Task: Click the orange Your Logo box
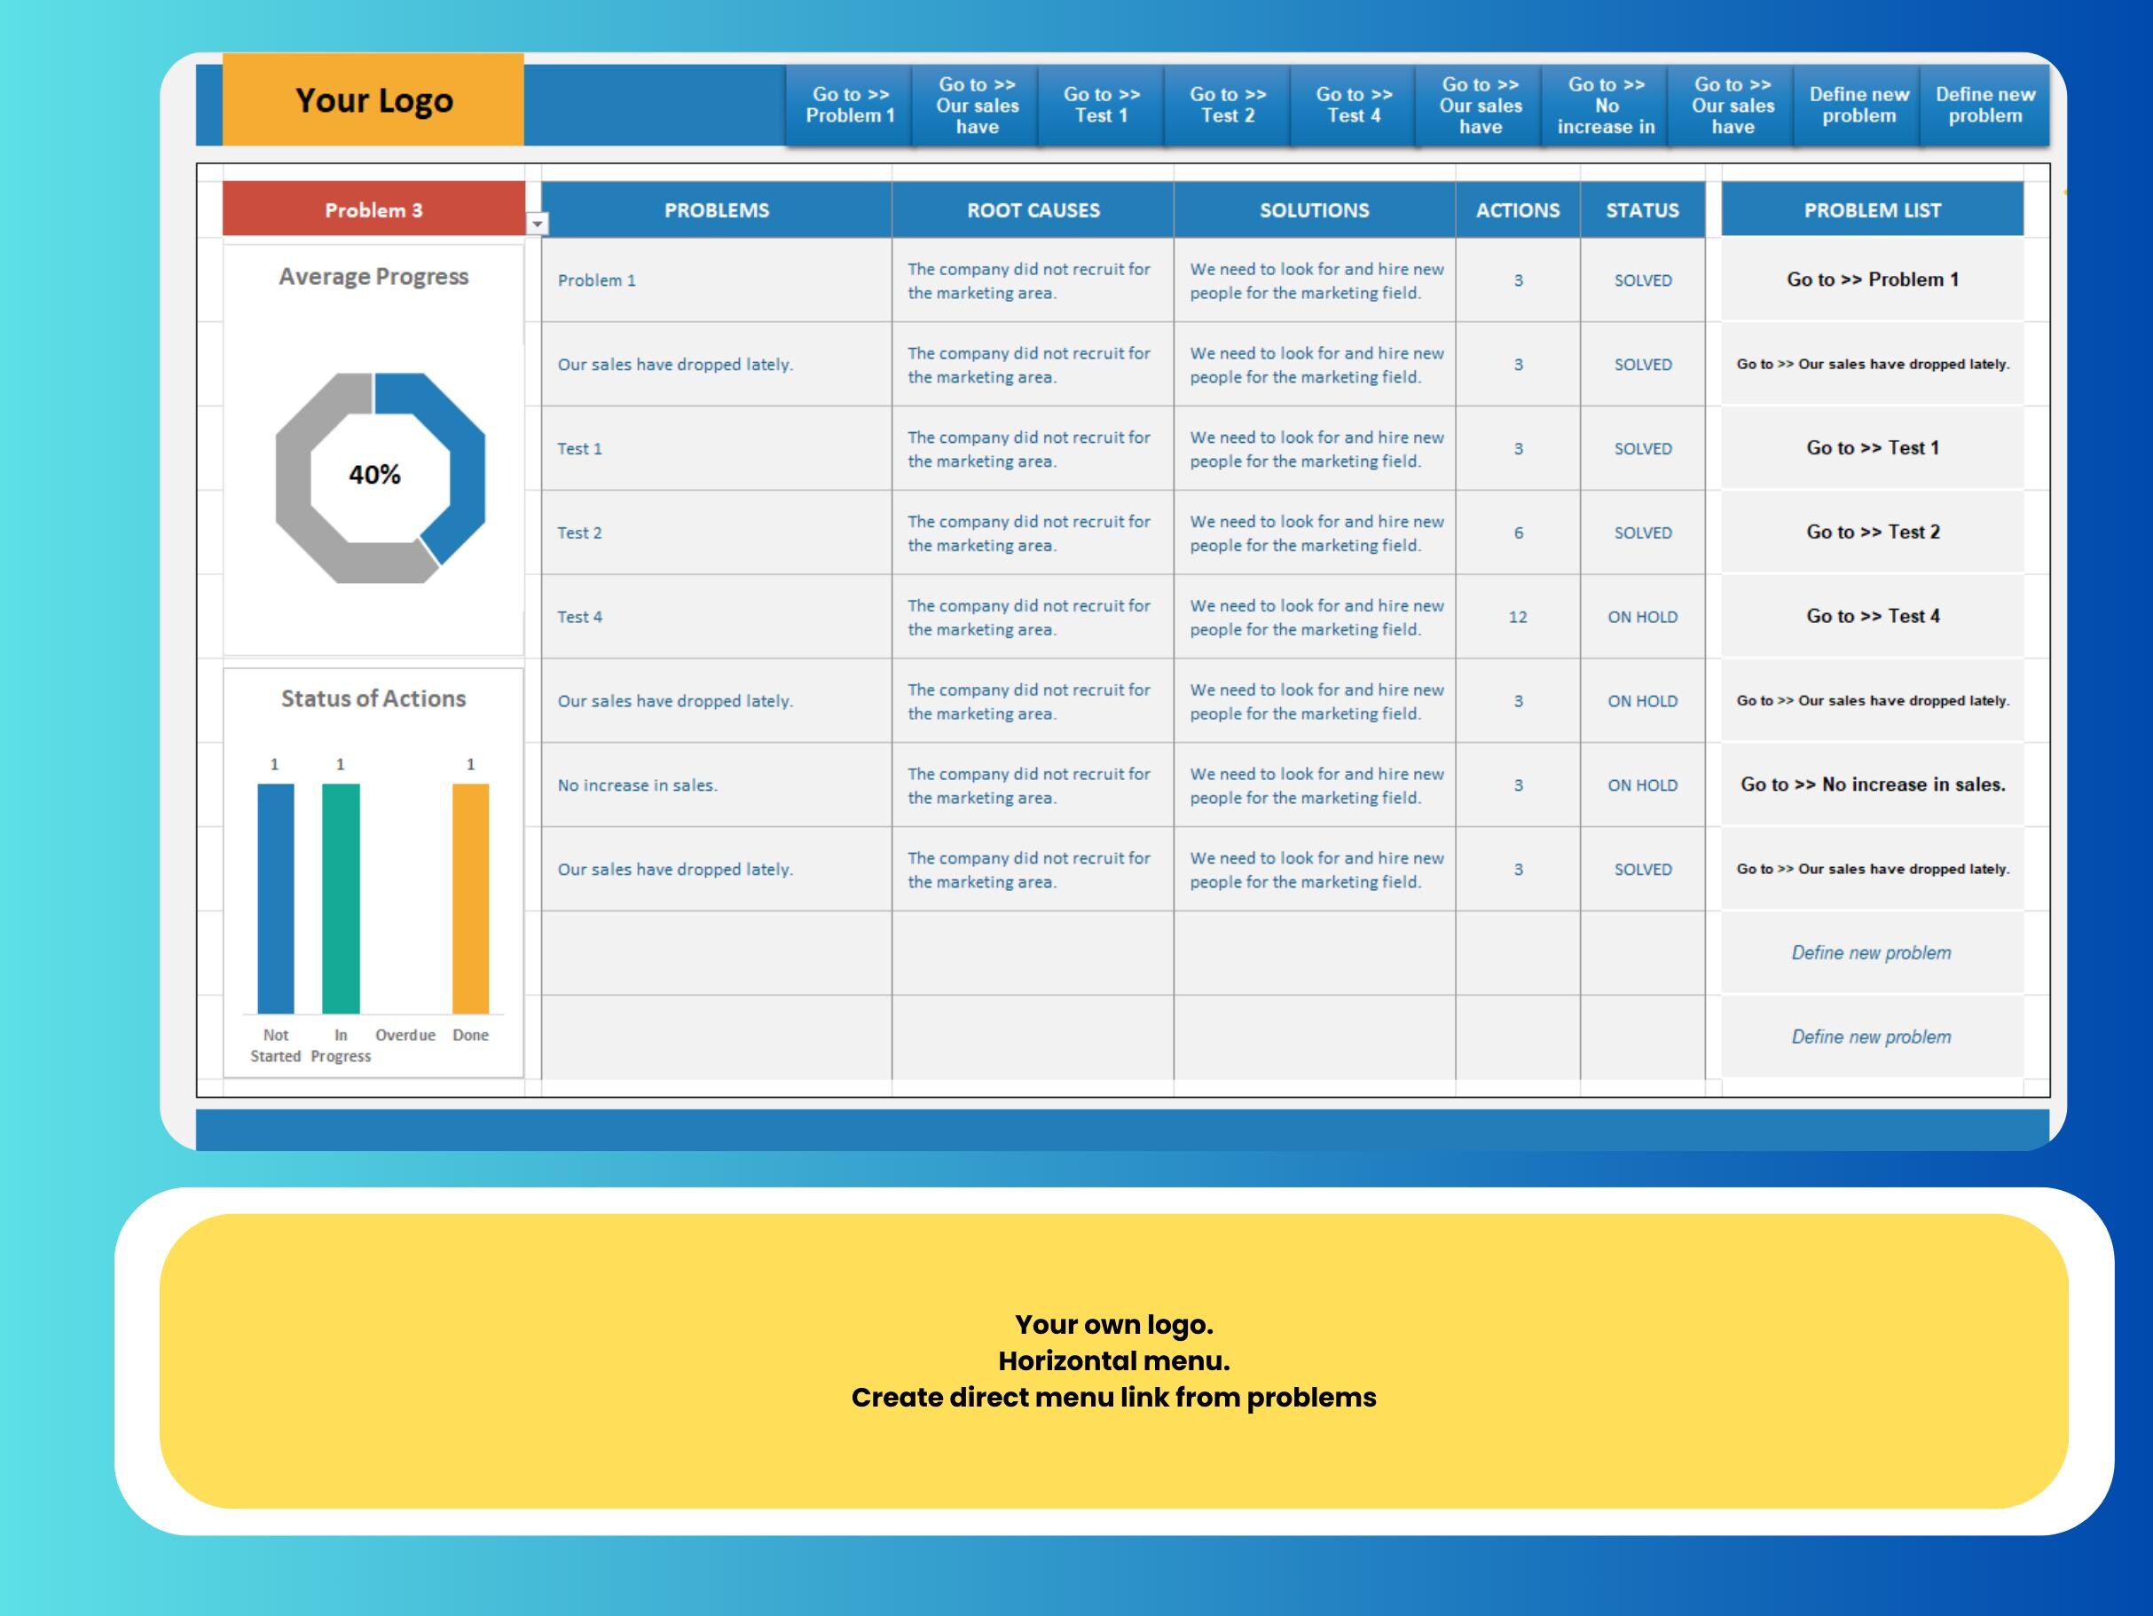click(x=373, y=100)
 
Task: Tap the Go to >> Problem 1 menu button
click(x=849, y=105)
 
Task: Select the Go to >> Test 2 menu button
click(x=1228, y=105)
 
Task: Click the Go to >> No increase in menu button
click(x=1605, y=105)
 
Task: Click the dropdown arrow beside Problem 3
click(x=538, y=224)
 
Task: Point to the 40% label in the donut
click(x=374, y=475)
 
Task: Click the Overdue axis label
click(x=405, y=1035)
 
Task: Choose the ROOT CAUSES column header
click(x=1033, y=210)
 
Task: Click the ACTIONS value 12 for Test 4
click(x=1518, y=617)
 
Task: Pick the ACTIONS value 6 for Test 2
click(x=1518, y=533)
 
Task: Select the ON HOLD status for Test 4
click(x=1642, y=617)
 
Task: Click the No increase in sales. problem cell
click(x=638, y=785)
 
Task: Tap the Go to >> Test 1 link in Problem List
click(x=1872, y=448)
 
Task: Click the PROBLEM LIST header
click(x=1872, y=210)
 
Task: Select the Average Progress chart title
click(x=373, y=277)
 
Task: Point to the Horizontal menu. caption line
click(x=1113, y=1361)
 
